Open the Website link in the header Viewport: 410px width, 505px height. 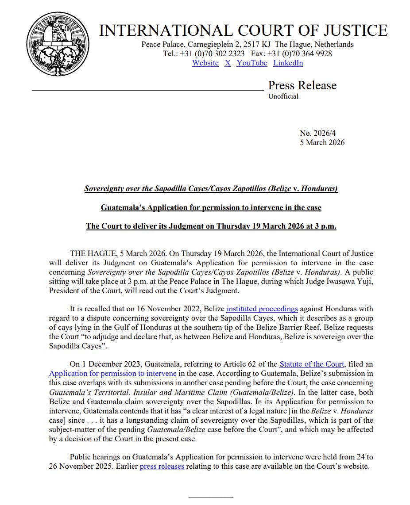205,63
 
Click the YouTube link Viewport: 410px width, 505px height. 252,63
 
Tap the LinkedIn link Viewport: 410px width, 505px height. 288,63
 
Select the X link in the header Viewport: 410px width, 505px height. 228,63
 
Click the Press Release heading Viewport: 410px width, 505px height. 302,85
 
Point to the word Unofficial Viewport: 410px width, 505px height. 283,96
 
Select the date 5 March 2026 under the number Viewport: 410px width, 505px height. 322,142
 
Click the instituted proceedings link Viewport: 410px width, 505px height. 262,309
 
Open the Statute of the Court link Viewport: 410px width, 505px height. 312,364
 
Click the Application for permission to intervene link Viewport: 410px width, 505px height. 104,373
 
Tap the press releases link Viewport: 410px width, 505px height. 162,466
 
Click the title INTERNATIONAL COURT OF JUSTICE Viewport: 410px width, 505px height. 243,31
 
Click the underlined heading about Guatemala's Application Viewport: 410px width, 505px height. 211,207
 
